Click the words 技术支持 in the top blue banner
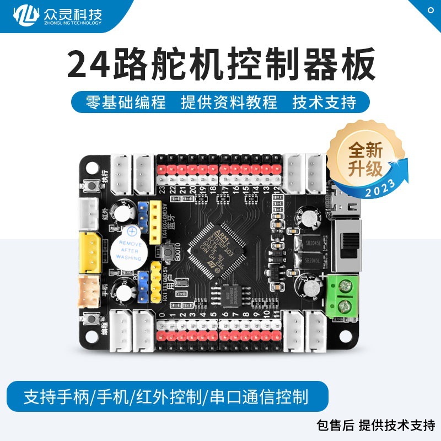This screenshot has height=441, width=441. click(x=324, y=102)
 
